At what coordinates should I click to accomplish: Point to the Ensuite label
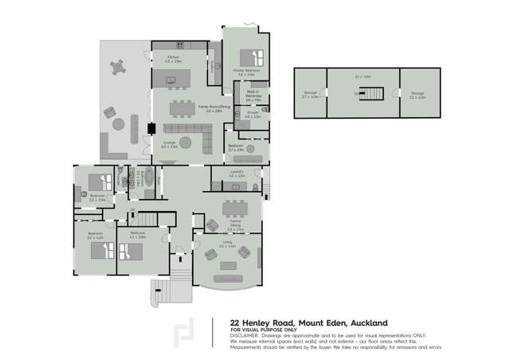[253, 115]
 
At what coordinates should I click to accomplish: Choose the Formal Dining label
[234, 227]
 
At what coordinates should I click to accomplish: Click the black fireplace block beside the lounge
[150, 127]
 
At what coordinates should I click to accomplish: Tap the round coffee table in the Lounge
[186, 143]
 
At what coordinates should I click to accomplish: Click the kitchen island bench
[171, 78]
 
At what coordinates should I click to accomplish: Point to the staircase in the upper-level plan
[371, 94]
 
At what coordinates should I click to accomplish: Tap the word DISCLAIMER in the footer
[247, 335]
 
